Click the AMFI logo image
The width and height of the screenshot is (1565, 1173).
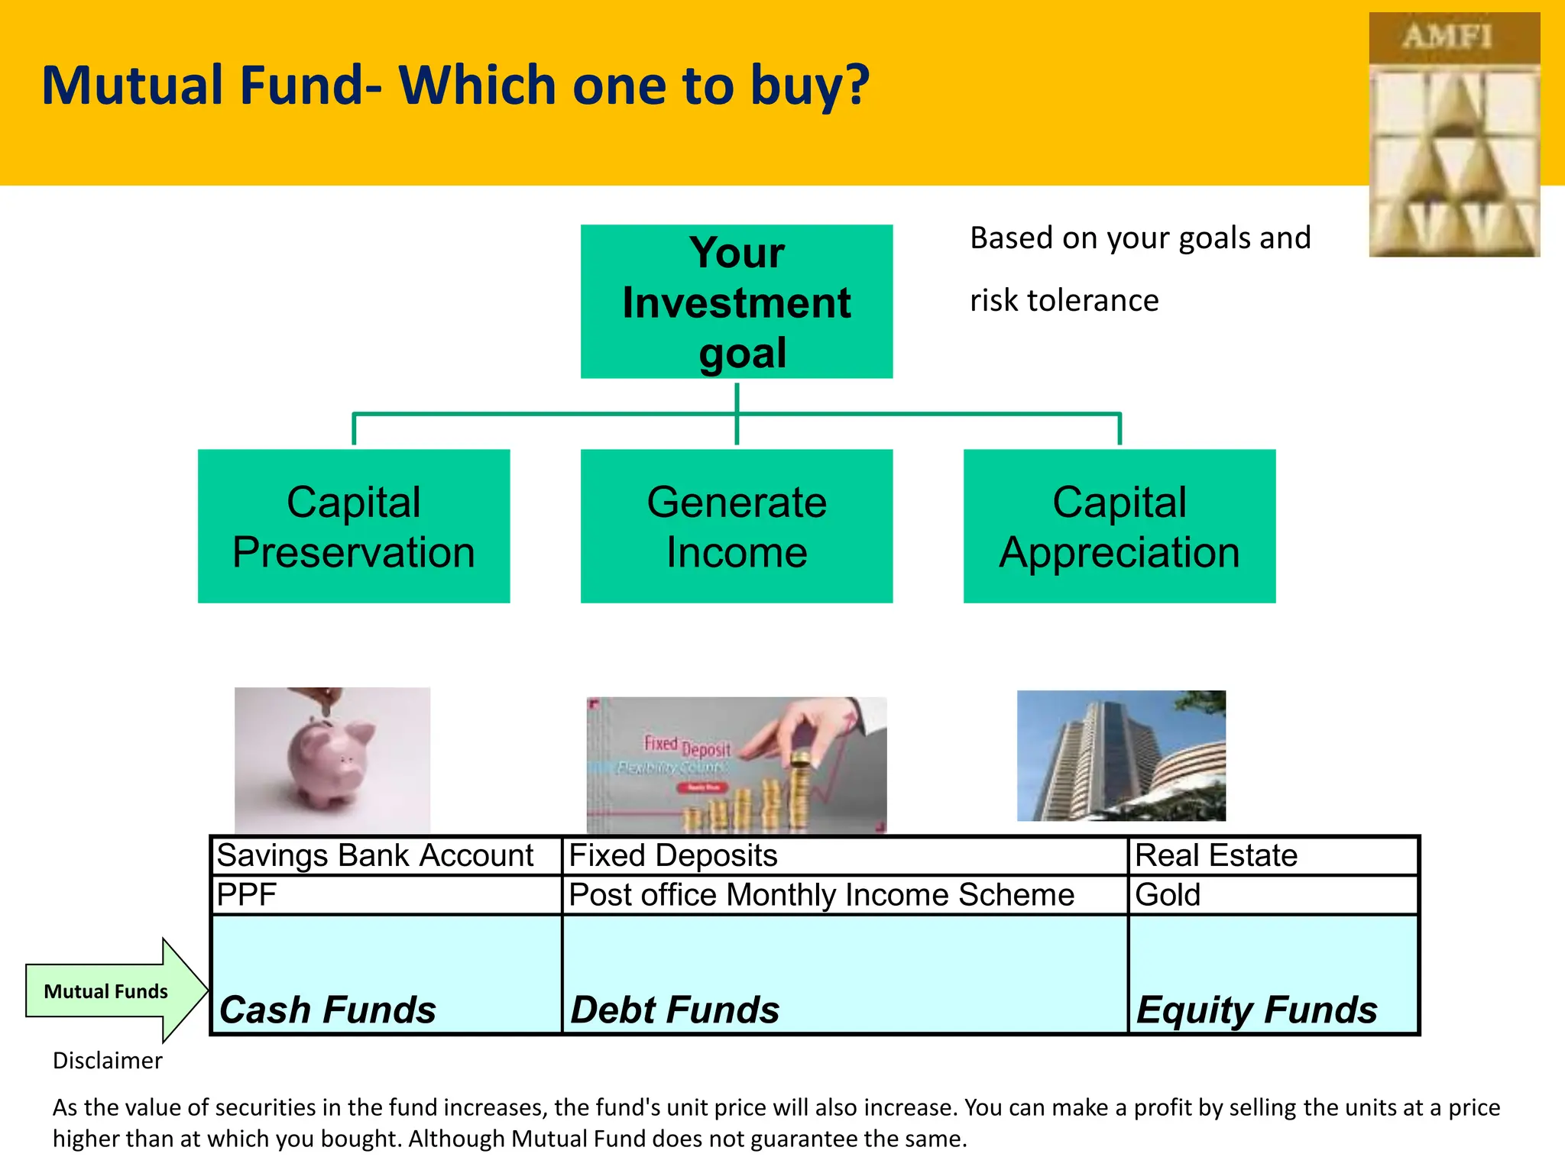pos(1453,135)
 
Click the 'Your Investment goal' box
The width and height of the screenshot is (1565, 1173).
pos(736,302)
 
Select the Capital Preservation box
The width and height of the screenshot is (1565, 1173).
pos(353,526)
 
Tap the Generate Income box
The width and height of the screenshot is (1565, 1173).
pos(736,526)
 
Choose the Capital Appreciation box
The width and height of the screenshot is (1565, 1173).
pos(1119,526)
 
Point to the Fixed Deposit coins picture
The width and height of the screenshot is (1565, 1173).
pos(736,764)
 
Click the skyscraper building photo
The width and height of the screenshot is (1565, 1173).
pos(1120,755)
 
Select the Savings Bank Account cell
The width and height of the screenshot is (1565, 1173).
pos(374,856)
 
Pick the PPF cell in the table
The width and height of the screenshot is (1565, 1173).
pos(246,895)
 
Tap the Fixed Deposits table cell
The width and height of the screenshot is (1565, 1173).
pos(672,856)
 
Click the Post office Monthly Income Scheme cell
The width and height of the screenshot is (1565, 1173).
pos(821,895)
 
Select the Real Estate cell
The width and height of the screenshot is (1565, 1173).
pos(1216,856)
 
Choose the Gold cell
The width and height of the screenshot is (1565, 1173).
pos(1168,895)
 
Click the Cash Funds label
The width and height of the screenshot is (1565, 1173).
pos(327,1010)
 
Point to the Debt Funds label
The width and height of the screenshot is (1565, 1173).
pos(675,1010)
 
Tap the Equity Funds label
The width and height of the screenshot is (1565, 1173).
pos(1256,1010)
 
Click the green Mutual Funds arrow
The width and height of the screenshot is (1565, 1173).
pos(107,991)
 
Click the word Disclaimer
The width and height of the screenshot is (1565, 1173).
pos(107,1061)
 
